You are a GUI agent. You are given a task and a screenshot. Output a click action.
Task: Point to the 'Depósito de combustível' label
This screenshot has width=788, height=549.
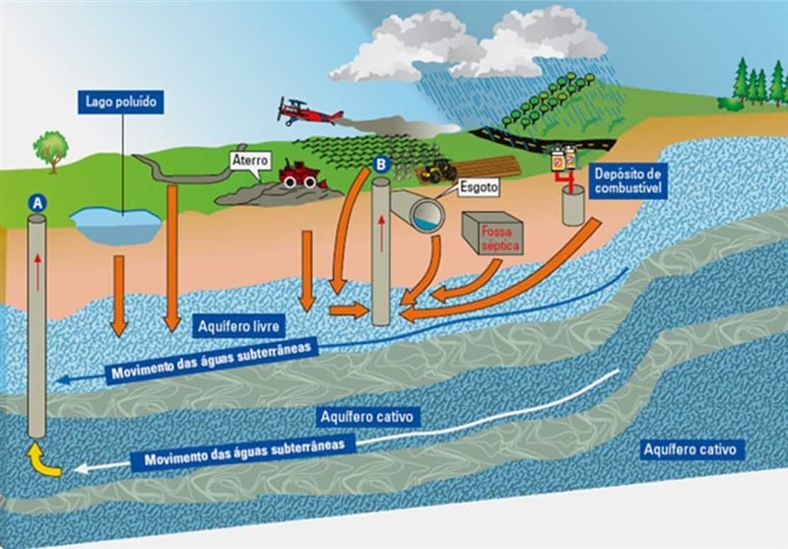click(x=631, y=179)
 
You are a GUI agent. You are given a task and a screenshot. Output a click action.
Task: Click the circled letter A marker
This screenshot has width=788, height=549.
click(x=37, y=201)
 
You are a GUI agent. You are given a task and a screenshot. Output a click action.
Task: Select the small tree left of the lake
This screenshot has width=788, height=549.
click(x=49, y=148)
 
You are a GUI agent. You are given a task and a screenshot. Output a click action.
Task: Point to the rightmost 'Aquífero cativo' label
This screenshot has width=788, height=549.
click(x=689, y=449)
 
